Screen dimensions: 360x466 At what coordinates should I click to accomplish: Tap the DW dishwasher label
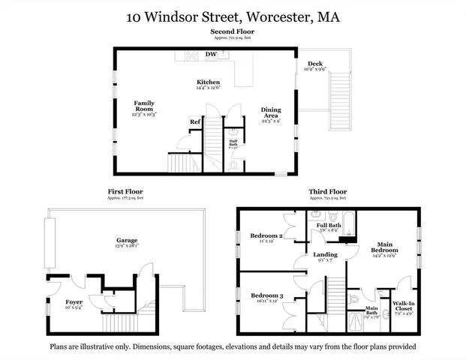[212, 55]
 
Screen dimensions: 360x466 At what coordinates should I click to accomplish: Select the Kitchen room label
[208, 82]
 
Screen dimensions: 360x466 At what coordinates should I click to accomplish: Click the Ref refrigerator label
[194, 121]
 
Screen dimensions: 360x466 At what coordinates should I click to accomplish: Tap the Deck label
[314, 64]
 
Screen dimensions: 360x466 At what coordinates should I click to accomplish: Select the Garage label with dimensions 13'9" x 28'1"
[127, 241]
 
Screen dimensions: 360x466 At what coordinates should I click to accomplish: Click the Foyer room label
[74, 302]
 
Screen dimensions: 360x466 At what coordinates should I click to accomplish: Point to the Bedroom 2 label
[266, 236]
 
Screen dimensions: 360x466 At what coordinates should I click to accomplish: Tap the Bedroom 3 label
[266, 296]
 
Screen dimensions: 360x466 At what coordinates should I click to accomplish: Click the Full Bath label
[329, 226]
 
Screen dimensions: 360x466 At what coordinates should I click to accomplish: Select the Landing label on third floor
[326, 255]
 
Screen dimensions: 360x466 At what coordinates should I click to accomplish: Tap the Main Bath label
[371, 308]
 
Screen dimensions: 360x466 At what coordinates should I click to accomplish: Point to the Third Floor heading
[327, 192]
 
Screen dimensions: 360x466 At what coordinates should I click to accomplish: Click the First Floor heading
[125, 192]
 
